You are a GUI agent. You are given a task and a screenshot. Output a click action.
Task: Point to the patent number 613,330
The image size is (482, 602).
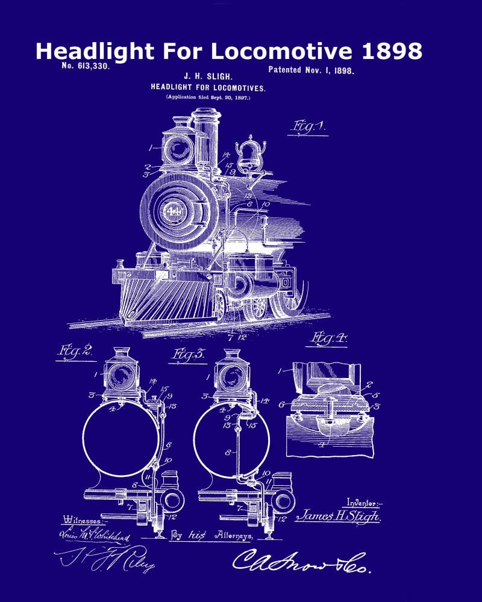86,66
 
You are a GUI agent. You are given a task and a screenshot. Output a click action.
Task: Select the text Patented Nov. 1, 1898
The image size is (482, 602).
311,70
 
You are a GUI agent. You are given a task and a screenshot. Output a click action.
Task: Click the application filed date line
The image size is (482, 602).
208,96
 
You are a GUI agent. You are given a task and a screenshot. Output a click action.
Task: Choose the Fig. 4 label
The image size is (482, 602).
328,339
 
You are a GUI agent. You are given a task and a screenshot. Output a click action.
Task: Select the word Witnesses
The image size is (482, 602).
83,518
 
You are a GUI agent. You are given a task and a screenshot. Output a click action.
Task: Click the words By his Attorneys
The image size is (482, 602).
214,534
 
